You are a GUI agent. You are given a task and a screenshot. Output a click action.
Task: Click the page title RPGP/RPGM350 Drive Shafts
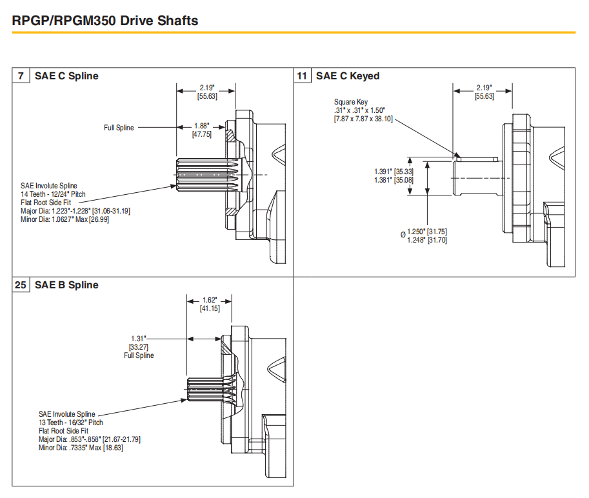(105, 21)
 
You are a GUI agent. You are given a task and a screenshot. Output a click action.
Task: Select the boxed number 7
(21, 76)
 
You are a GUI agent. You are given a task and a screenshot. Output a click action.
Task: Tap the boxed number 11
(303, 76)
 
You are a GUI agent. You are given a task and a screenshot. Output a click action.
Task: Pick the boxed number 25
(21, 284)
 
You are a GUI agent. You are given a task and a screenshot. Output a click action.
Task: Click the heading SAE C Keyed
(347, 76)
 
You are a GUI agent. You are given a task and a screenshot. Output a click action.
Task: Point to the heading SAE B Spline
(66, 284)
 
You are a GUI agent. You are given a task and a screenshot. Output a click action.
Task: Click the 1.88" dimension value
(202, 126)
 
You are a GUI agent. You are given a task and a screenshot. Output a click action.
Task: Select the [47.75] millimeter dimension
(202, 134)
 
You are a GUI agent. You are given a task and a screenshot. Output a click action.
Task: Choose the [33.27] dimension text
(139, 346)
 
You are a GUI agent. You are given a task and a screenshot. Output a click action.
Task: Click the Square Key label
(351, 102)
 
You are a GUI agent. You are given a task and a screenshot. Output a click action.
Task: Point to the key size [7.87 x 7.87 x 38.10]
(363, 119)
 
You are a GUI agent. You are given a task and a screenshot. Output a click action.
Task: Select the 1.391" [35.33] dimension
(394, 172)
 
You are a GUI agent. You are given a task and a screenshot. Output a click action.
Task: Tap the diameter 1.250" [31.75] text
(427, 232)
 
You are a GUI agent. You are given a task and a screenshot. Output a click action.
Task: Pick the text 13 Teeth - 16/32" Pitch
(70, 423)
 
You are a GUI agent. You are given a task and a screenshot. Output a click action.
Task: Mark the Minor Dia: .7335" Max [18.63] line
(81, 448)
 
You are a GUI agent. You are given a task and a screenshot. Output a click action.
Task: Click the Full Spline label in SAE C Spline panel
(119, 128)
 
